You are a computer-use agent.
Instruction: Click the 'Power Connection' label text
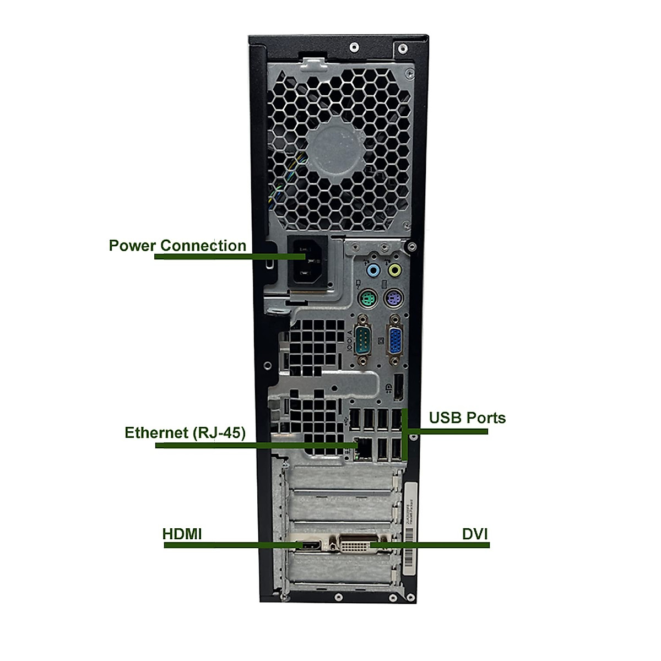click(x=177, y=245)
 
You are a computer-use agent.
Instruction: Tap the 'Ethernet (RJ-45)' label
click(x=185, y=432)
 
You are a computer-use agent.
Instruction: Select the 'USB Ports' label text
click(x=467, y=418)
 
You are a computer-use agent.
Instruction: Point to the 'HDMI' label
click(x=182, y=534)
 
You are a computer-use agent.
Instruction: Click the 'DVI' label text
click(x=475, y=534)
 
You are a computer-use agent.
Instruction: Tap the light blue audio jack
click(x=373, y=270)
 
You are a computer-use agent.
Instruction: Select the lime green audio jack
click(x=394, y=270)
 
